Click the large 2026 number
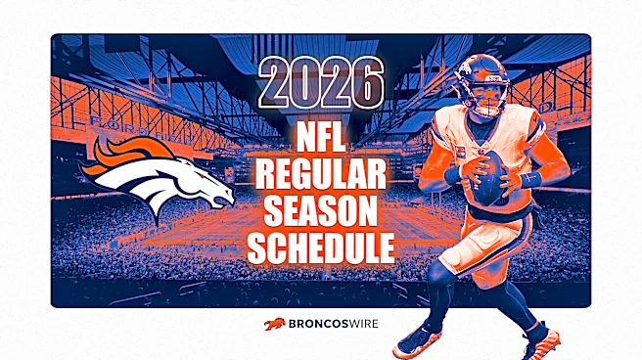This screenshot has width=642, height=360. (x=321, y=82)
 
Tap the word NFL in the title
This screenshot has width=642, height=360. (x=321, y=138)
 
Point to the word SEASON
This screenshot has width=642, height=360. (x=321, y=211)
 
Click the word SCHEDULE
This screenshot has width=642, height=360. (x=321, y=247)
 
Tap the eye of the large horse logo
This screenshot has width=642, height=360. (x=202, y=175)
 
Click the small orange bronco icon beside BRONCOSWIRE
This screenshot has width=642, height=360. (x=275, y=324)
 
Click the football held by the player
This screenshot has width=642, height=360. (x=489, y=179)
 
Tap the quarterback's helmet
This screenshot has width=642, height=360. (x=481, y=85)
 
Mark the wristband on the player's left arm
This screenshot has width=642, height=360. (x=531, y=179)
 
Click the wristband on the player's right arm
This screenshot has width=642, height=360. (x=453, y=175)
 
